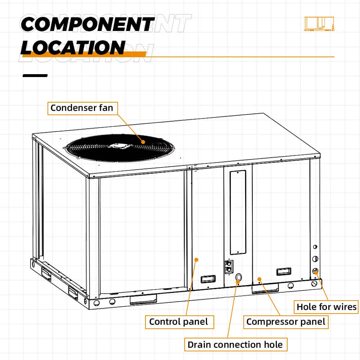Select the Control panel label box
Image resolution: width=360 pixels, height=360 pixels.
[179, 321]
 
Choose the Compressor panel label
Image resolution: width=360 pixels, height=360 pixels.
[286, 321]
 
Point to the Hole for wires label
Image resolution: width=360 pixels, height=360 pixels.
[327, 307]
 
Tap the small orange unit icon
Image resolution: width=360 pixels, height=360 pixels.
[319, 23]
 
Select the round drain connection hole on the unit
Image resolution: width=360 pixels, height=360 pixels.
[238, 277]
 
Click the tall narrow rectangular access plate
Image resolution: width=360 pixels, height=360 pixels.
[238, 212]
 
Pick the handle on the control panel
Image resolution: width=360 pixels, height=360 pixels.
[208, 279]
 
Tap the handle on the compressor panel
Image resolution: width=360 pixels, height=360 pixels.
[284, 271]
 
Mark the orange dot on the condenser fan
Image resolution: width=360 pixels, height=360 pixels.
[143, 142]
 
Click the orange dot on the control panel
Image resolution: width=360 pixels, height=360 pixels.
[196, 259]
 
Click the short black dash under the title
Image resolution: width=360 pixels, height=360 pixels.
[35, 76]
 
